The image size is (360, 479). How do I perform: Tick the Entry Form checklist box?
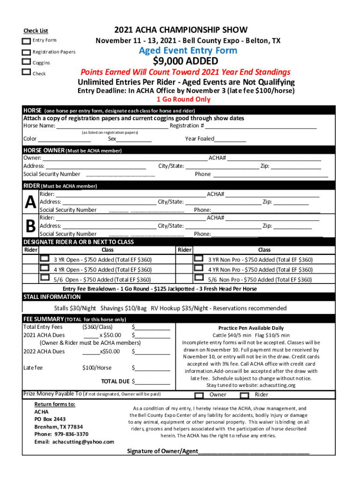[x=27, y=41]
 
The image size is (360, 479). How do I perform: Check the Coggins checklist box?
[x=27, y=62]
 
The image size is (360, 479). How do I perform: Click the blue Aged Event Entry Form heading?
[x=188, y=51]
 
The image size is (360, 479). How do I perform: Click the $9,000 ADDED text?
[x=186, y=61]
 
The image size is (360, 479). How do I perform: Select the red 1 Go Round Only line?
[x=183, y=99]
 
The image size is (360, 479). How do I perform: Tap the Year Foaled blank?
[x=230, y=139]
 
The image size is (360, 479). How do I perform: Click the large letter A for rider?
[x=30, y=203]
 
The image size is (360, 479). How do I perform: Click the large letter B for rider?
[x=30, y=226]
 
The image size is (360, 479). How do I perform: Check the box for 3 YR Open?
[x=44, y=259]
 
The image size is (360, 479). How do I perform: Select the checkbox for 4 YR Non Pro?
[x=199, y=269]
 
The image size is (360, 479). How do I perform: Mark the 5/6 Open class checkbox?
[x=44, y=278]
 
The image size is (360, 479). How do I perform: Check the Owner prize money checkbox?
[x=199, y=395]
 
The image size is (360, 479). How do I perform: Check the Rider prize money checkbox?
[x=245, y=395]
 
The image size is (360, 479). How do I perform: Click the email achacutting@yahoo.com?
[x=74, y=442]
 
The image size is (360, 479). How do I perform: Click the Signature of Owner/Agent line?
[x=253, y=452]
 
